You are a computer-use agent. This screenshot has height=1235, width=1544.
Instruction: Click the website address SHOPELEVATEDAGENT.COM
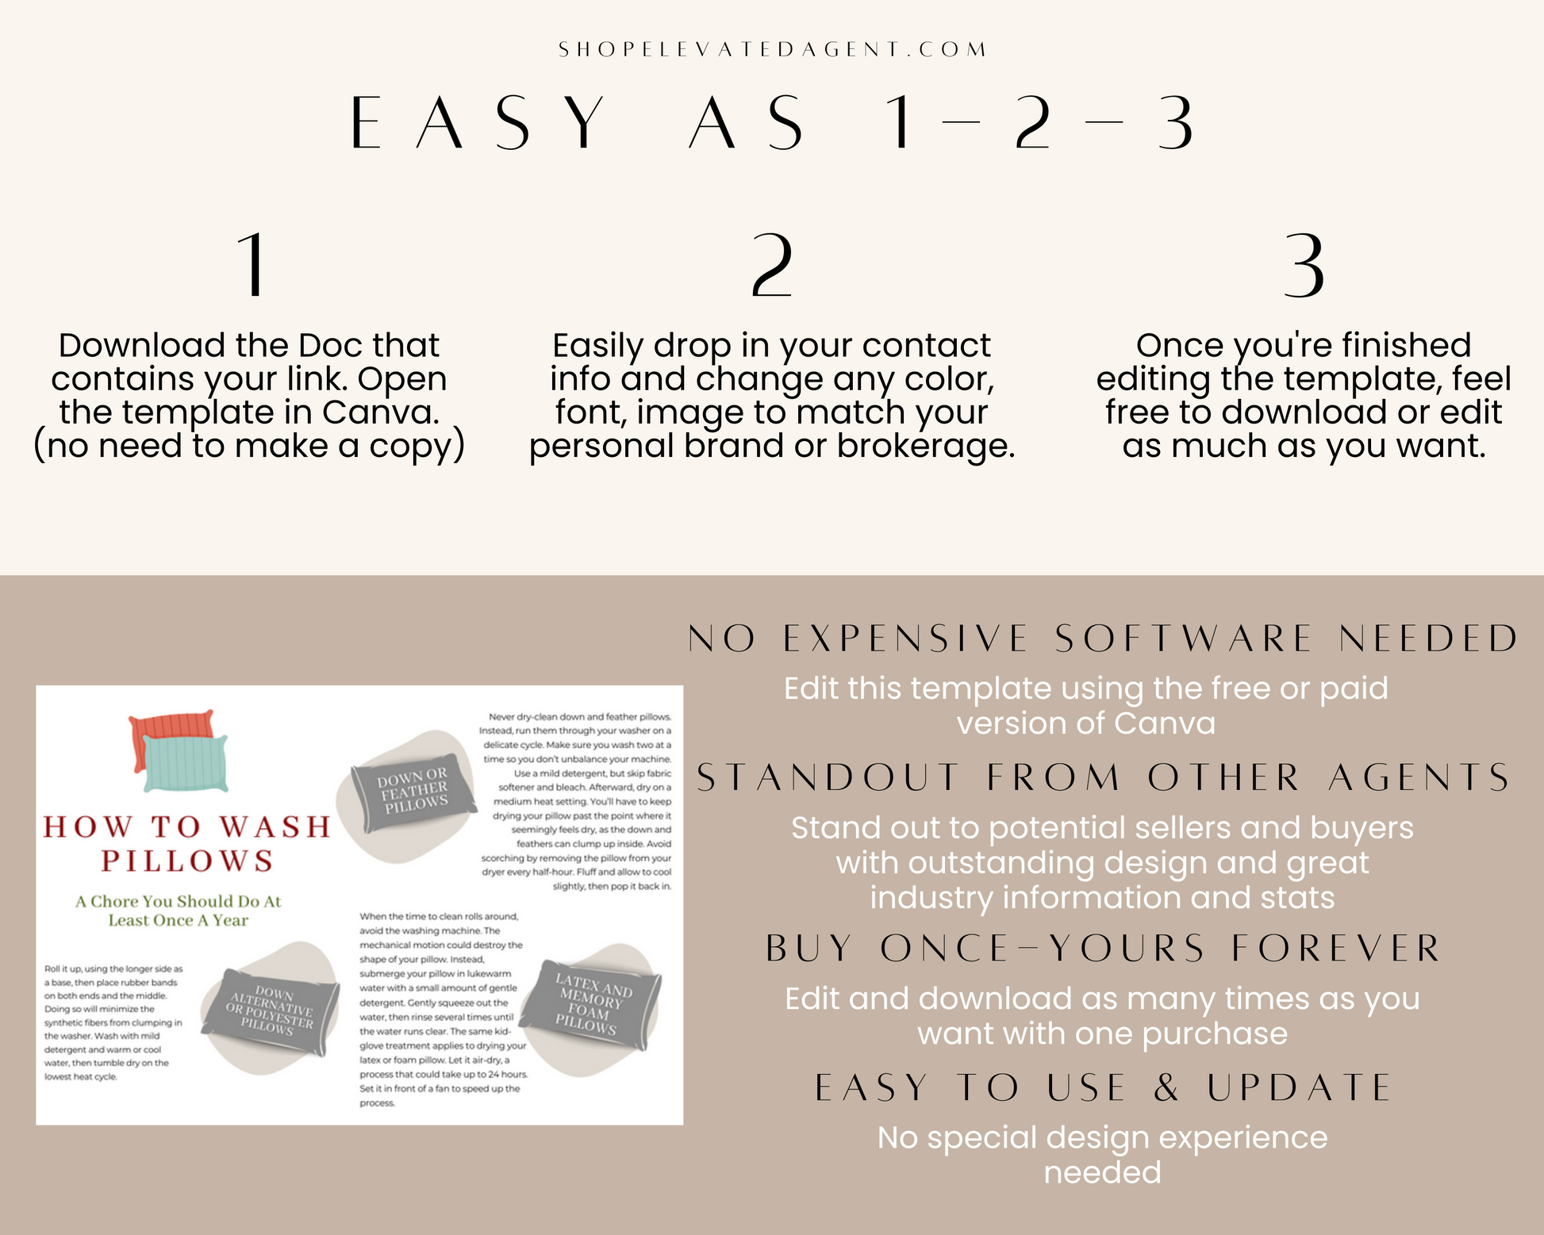[x=772, y=49]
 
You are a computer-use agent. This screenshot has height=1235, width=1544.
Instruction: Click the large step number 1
[x=253, y=265]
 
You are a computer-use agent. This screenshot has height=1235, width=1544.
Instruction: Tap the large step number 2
[x=771, y=265]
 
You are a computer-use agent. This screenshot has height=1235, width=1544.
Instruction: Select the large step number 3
[x=1304, y=265]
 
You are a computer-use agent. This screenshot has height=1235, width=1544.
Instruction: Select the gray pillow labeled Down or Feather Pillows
[x=413, y=791]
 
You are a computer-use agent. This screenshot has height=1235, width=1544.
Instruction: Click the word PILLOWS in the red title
[x=187, y=861]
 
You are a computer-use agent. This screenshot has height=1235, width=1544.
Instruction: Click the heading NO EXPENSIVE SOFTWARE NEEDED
[x=1103, y=639]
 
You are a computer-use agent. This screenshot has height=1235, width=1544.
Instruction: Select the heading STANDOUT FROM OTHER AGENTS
[x=1103, y=778]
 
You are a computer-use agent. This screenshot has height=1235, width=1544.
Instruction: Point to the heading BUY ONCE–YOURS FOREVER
[x=1103, y=949]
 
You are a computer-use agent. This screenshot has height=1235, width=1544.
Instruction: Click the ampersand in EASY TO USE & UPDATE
[x=1166, y=1087]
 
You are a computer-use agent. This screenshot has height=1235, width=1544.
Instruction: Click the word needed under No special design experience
[x=1103, y=1172]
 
